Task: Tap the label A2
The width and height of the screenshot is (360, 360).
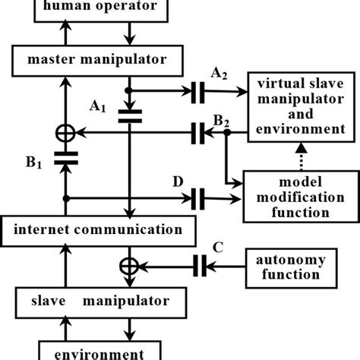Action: click(x=218, y=73)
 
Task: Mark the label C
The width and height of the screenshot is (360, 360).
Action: click(x=218, y=247)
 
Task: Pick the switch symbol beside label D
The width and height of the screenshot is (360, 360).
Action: click(x=198, y=200)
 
